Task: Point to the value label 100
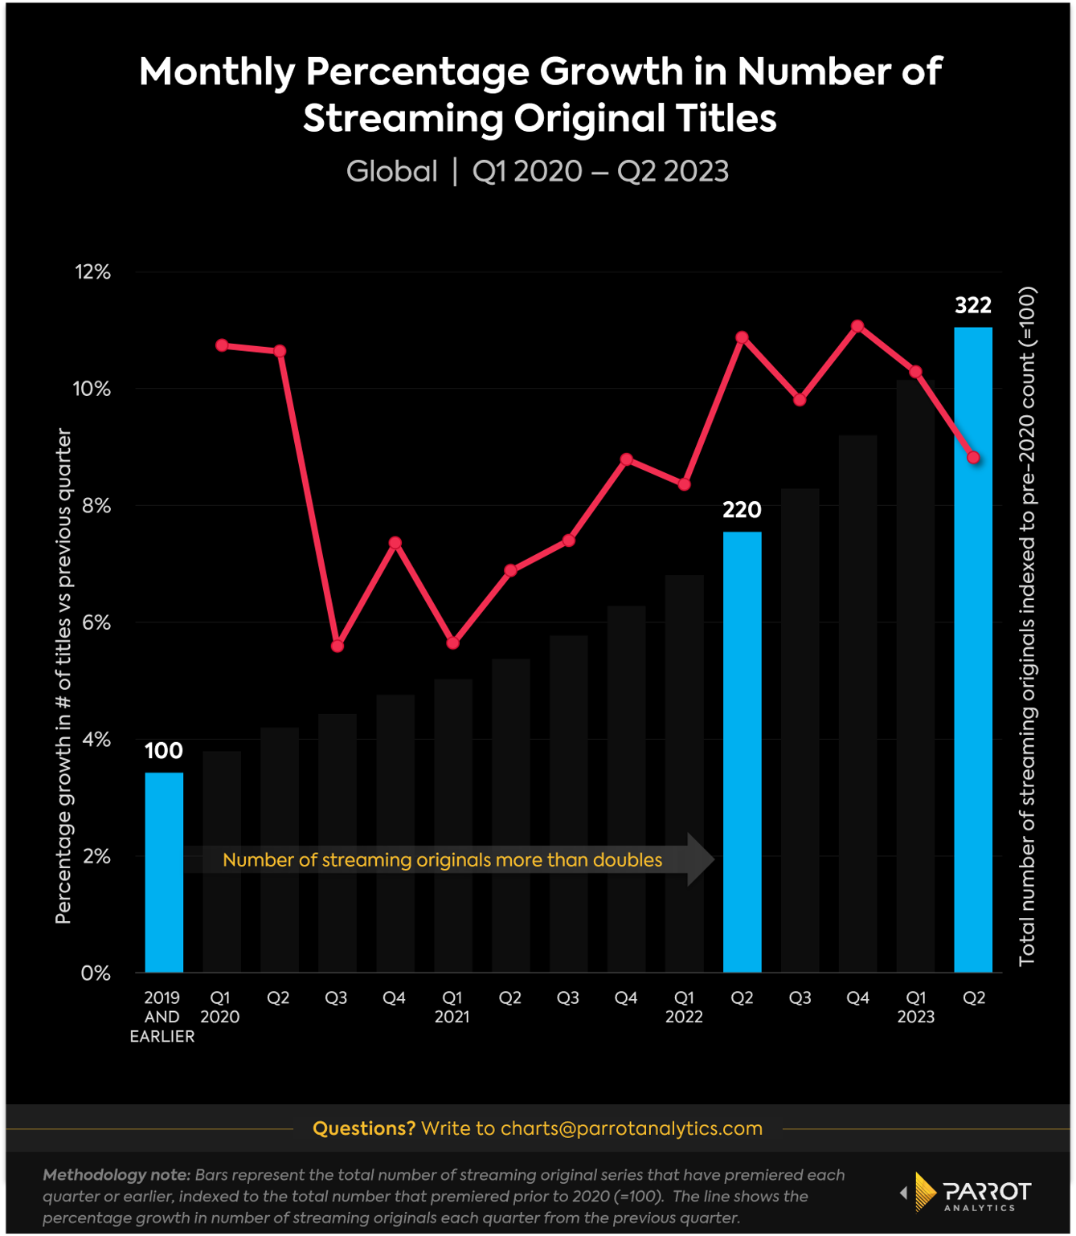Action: pos(164,751)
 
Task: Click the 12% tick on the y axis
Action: pos(93,272)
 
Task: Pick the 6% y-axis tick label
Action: pos(96,622)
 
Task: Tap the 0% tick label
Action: pos(96,973)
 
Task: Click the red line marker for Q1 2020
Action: pos(222,345)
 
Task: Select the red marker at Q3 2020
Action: pos(338,646)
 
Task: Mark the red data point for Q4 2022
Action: pos(857,326)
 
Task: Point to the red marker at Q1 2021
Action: pos(453,643)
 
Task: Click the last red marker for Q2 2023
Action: pos(974,458)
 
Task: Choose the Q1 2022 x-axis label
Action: pos(684,1007)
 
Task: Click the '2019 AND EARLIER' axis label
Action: pos(162,1017)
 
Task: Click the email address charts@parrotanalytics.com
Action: pos(631,1128)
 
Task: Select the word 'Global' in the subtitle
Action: pos(391,171)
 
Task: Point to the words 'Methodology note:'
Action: pos(117,1175)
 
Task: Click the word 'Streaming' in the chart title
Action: pos(403,118)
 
